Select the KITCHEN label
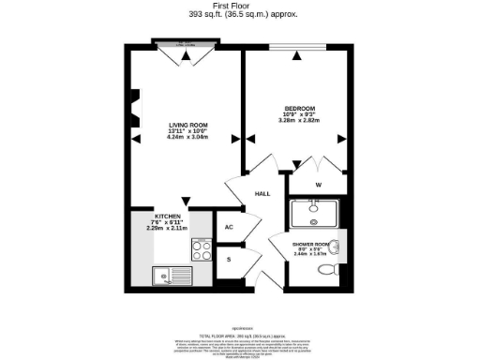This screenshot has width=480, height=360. (x=168, y=215)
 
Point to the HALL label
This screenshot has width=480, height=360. (x=262, y=194)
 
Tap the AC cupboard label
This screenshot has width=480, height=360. (x=229, y=227)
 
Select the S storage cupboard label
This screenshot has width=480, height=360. (x=229, y=259)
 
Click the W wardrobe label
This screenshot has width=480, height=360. (x=320, y=184)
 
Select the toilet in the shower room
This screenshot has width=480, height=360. (x=328, y=269)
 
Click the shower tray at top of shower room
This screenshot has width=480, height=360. (x=316, y=214)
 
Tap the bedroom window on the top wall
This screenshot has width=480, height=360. (x=297, y=47)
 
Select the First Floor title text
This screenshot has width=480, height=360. (x=239, y=5)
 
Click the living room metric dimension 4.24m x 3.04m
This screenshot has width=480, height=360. (x=187, y=138)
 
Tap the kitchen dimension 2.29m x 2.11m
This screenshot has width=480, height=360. (x=168, y=228)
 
